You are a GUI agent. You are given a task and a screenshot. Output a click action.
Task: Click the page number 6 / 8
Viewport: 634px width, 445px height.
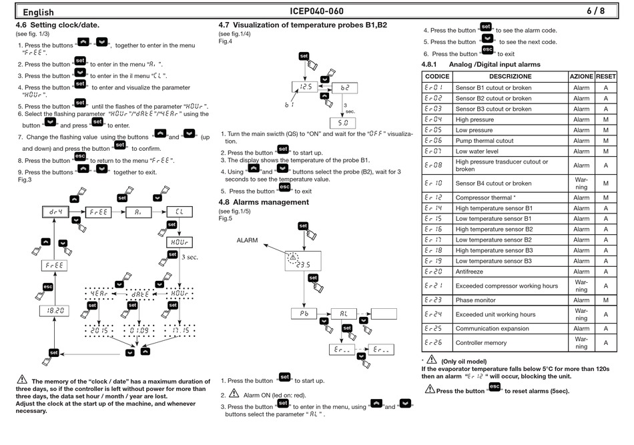point(595,11)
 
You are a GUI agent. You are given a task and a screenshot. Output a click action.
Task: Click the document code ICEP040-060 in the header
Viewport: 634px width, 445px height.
point(316,11)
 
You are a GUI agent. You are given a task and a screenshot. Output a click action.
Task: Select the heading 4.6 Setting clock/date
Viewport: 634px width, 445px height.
point(57,25)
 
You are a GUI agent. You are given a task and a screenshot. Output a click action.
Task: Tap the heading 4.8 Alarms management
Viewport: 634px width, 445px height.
point(264,202)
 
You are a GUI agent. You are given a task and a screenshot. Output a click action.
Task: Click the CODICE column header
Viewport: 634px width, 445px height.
point(437,76)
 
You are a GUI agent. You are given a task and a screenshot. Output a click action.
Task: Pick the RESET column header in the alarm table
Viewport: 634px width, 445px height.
point(606,76)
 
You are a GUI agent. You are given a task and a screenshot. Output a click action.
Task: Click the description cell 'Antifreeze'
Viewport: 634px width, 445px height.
point(469,272)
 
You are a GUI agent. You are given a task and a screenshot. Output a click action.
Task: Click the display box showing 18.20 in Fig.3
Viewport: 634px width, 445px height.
point(55,311)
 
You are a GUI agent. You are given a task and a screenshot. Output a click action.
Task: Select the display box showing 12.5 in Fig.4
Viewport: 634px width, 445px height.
point(305,87)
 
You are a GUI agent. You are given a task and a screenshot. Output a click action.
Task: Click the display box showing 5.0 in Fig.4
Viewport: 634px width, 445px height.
point(342,123)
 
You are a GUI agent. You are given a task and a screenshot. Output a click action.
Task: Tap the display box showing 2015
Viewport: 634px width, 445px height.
point(99,330)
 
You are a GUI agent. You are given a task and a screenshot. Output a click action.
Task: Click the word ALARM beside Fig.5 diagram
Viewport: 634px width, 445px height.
point(247,240)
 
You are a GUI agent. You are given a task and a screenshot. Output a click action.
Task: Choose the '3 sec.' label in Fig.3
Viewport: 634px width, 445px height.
point(190,257)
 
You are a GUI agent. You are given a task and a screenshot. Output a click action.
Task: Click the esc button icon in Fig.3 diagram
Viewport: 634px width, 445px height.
point(47,287)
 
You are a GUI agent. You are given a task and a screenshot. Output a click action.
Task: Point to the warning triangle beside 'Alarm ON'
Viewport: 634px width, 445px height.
point(234,393)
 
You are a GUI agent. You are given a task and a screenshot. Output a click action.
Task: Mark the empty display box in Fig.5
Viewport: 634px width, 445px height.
point(384,314)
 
